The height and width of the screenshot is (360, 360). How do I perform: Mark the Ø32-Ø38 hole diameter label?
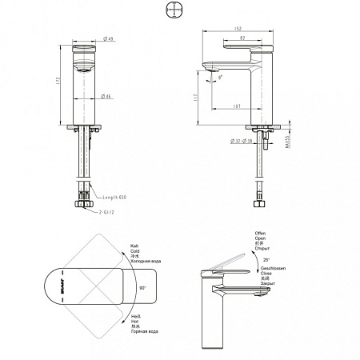pos(242,141)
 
